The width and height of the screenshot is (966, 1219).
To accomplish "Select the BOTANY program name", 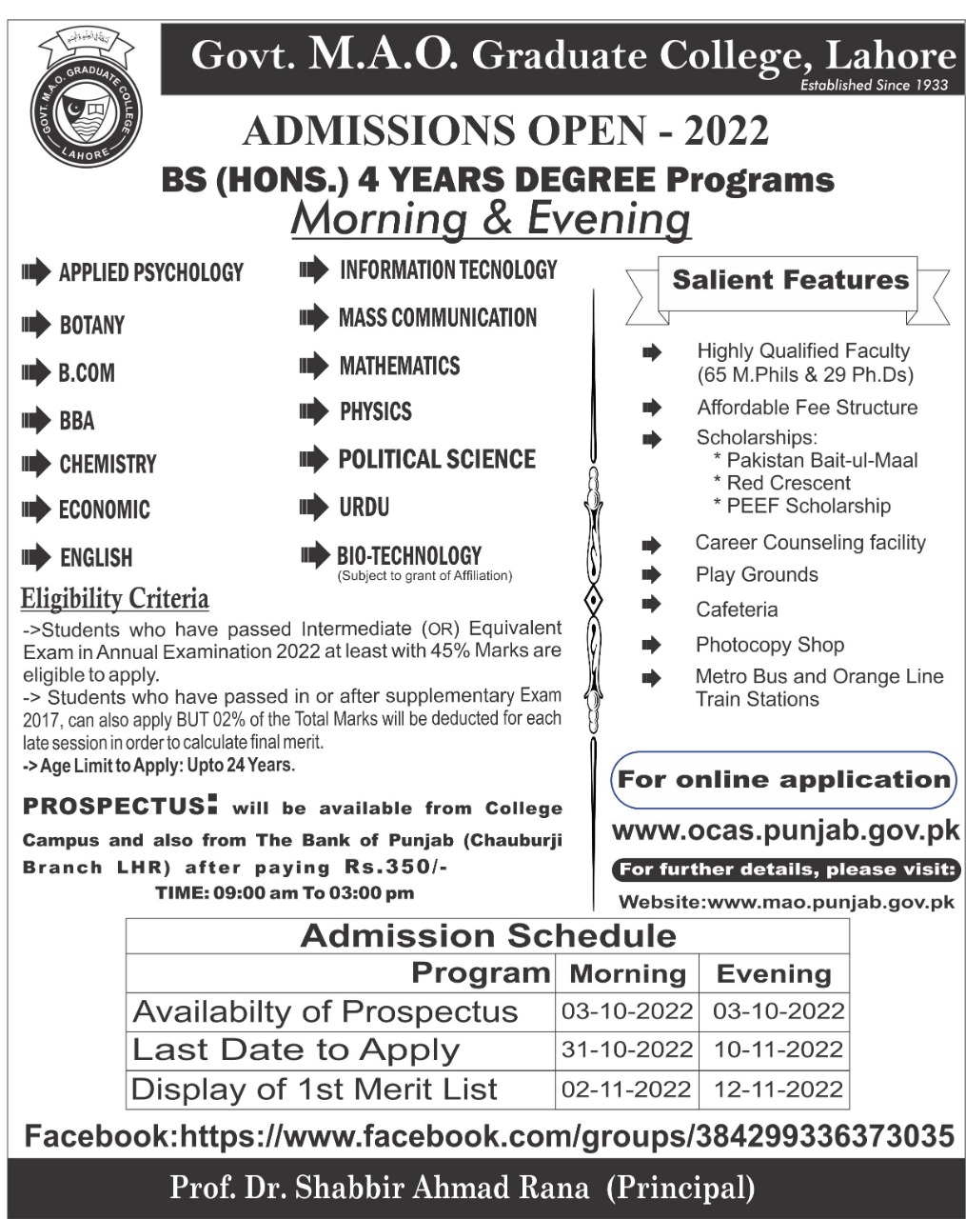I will (91, 326).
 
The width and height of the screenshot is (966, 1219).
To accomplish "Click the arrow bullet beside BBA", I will (35, 420).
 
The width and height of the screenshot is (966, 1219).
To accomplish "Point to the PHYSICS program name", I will (376, 411).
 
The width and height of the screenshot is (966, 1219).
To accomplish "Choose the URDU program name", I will (365, 507).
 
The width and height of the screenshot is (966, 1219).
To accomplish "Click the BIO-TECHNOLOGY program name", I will (409, 555).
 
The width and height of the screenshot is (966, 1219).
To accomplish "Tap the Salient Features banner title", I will (790, 280).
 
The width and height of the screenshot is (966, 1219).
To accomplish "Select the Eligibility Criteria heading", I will (115, 599).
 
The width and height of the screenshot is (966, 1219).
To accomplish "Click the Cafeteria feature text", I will (737, 609).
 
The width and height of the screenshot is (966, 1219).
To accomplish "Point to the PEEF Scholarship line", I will (808, 506).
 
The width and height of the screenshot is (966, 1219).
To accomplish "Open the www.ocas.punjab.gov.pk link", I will (785, 830).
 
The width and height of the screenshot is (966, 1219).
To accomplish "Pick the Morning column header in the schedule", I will (627, 974).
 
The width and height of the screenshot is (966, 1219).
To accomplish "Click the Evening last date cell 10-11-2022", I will (779, 1049).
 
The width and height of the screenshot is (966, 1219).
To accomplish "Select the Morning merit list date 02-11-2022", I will (626, 1089).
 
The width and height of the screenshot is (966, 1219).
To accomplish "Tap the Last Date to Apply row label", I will (296, 1049).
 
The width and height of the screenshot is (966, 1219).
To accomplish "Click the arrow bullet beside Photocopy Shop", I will (652, 645).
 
